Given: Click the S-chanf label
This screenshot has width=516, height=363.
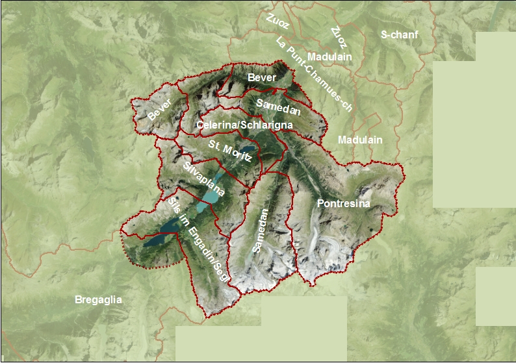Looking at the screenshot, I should [400, 34].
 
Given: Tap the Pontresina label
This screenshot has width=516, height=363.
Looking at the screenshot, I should [343, 204].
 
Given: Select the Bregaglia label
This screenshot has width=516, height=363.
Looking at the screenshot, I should [98, 300].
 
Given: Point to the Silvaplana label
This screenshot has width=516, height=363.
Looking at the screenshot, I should [204, 180].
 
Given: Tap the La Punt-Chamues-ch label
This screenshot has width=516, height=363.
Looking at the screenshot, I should [313, 75].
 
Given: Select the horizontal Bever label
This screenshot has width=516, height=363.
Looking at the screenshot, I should [262, 78].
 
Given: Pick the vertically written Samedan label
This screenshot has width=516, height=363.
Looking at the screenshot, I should [260, 231].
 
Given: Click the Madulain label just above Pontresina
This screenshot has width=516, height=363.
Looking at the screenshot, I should [360, 140].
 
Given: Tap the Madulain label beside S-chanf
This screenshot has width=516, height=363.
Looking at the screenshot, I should [329, 57].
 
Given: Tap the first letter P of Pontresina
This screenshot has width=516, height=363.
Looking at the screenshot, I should [320, 204].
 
